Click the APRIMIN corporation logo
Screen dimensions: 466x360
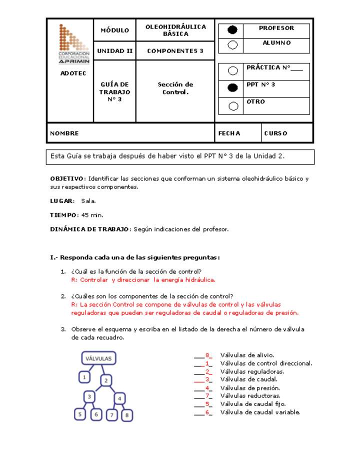(x=73, y=44)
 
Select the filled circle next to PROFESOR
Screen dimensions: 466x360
(x=232, y=30)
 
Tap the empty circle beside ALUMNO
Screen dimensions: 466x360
(x=232, y=45)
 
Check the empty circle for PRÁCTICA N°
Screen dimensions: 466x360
(x=232, y=71)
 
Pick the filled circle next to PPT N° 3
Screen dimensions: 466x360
(x=232, y=88)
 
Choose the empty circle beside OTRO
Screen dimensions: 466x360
(x=232, y=105)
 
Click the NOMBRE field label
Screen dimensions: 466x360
(x=64, y=133)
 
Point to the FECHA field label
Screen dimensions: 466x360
(x=229, y=133)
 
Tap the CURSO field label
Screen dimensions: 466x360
(x=276, y=133)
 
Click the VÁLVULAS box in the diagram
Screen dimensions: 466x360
(x=98, y=358)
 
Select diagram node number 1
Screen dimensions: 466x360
(x=85, y=377)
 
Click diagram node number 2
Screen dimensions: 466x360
(x=106, y=380)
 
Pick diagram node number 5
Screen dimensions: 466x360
(x=79, y=414)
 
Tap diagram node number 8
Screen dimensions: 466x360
(x=127, y=414)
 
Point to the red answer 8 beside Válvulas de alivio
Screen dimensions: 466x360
(x=207, y=355)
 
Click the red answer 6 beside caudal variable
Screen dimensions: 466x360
(x=207, y=412)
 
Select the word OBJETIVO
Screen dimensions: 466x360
(x=67, y=178)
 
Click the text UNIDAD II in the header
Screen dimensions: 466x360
(x=115, y=51)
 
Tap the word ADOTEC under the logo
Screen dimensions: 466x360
(x=73, y=73)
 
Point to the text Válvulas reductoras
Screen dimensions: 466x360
(x=250, y=396)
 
